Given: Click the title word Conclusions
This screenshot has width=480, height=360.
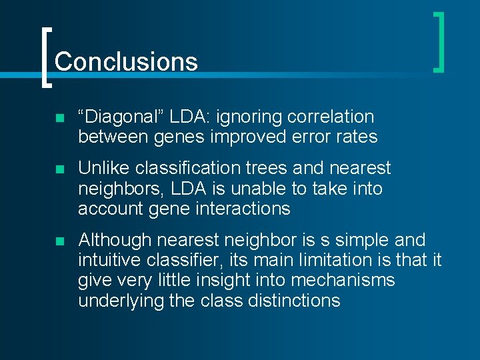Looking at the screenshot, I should [x=126, y=61].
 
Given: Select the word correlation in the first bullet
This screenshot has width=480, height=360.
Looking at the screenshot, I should [x=331, y=117].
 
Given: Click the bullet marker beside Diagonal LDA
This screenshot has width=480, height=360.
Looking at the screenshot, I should [x=59, y=118].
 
